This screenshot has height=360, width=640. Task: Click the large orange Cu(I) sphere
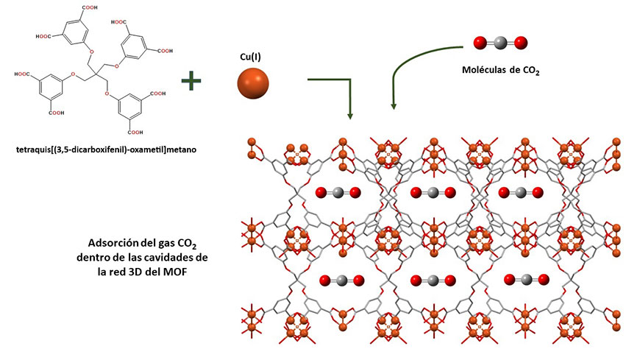pyautogui.click(x=255, y=83)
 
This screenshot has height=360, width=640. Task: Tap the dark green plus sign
pyautogui.click(x=192, y=81)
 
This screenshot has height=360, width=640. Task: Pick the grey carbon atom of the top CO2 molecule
pyautogui.click(x=499, y=43)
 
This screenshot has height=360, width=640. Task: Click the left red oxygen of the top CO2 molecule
pyautogui.click(x=480, y=43)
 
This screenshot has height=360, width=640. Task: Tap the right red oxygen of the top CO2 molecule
pyautogui.click(x=520, y=43)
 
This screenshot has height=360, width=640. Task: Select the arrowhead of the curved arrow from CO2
pyautogui.click(x=394, y=107)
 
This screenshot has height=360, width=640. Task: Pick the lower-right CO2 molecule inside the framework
pyautogui.click(x=525, y=279)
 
